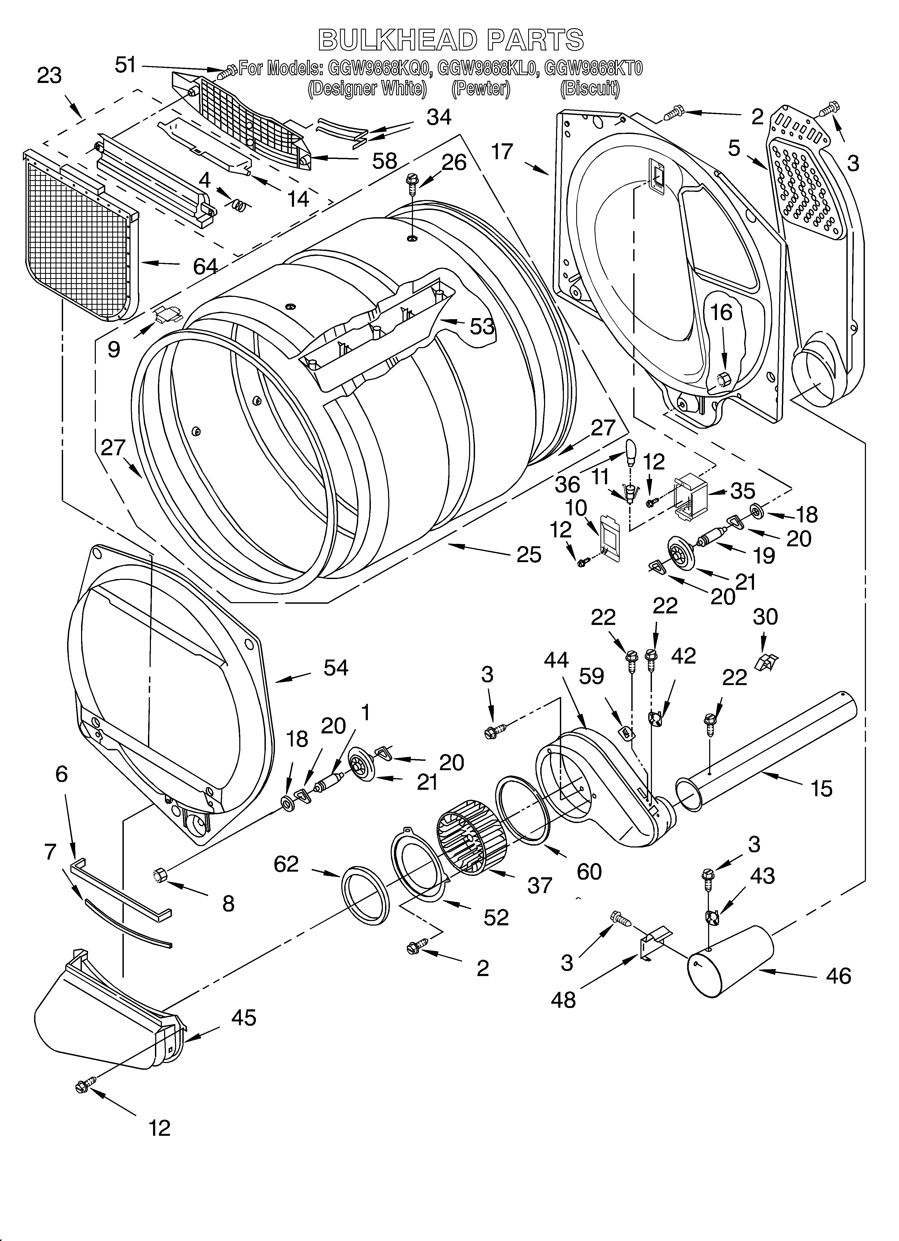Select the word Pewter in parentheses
pos(481,89)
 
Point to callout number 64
pos(205,267)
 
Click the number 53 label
pos(482,327)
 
